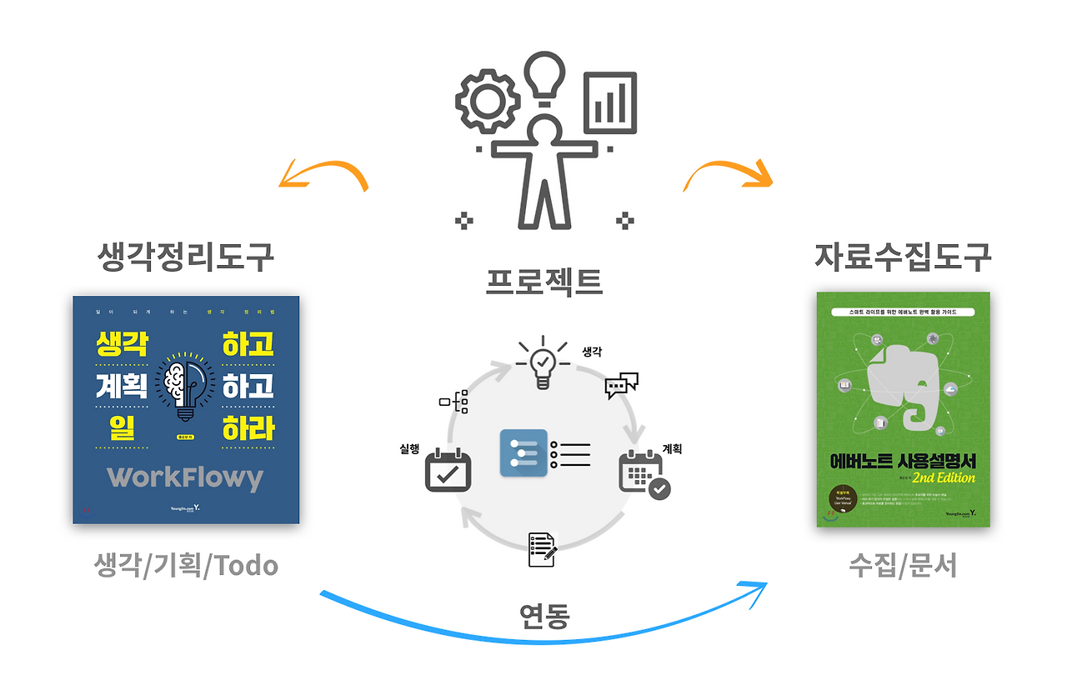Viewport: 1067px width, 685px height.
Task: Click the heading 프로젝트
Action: (544, 282)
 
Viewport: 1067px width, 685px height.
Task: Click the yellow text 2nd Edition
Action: (943, 477)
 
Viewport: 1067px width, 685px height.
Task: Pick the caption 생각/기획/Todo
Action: (185, 566)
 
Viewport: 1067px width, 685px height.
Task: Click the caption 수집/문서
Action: (903, 566)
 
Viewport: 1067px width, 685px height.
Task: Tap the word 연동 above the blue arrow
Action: (544, 616)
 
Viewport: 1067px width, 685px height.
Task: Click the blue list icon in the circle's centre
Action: (523, 452)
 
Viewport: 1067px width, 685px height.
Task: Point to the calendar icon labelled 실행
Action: (448, 471)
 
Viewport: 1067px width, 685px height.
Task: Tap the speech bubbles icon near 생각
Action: (621, 385)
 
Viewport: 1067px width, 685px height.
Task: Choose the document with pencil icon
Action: (543, 549)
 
